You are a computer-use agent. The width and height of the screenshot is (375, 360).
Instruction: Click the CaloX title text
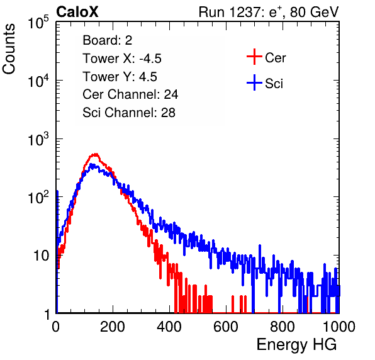click(77, 12)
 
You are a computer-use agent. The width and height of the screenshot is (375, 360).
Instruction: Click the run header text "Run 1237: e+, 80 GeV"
click(269, 12)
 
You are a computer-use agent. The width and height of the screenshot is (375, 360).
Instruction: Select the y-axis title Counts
click(9, 49)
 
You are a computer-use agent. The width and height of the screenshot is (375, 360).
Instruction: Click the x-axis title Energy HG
click(296, 345)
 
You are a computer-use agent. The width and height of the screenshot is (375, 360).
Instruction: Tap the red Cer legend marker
click(254, 57)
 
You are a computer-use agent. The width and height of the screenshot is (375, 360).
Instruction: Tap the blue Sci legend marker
click(254, 82)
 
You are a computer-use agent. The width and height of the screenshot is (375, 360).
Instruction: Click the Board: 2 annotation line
click(108, 40)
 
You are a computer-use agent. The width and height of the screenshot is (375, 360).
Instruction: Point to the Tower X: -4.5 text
click(122, 59)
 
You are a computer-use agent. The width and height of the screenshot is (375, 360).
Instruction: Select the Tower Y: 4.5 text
click(120, 77)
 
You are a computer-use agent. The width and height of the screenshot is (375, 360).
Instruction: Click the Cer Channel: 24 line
click(130, 94)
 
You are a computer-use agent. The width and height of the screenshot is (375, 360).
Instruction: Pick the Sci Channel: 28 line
click(129, 113)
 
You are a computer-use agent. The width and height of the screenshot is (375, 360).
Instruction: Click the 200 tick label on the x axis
click(113, 327)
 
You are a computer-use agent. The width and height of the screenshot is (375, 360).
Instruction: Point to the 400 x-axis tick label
click(169, 327)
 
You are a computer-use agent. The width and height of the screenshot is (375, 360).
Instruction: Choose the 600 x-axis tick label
click(226, 327)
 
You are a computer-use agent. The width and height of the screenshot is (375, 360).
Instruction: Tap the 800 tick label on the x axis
click(283, 327)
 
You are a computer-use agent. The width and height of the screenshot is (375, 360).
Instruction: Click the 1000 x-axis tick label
click(339, 327)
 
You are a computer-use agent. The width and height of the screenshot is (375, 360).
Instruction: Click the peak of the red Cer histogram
click(96, 154)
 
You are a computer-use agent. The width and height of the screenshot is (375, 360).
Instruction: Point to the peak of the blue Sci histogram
click(92, 164)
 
